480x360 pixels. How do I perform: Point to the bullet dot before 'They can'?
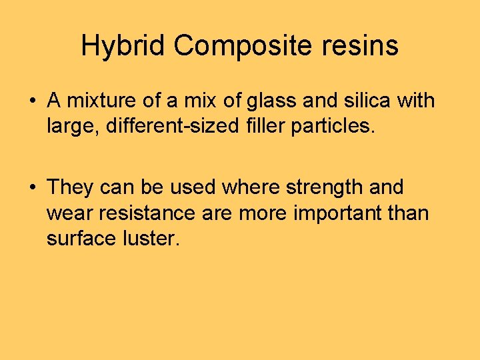point(32,187)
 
